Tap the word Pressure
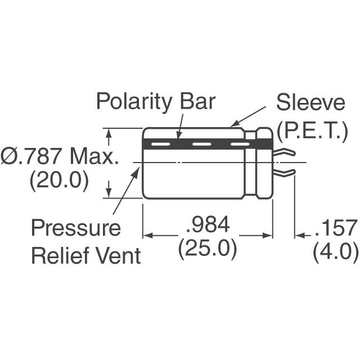[75, 228]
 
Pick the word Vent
[117, 256]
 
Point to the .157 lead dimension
[336, 228]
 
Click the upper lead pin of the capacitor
[285, 152]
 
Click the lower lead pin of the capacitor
[285, 171]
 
